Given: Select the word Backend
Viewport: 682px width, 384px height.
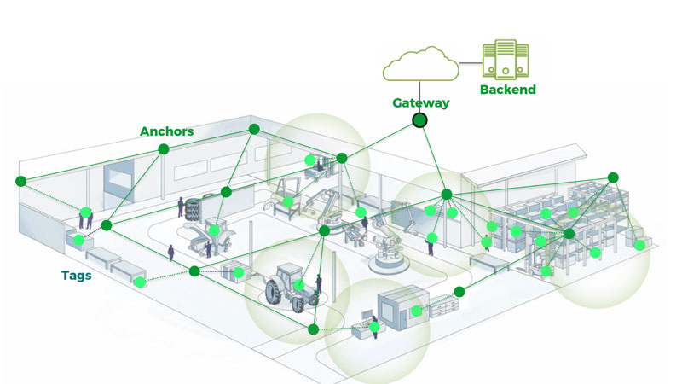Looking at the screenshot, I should click(x=507, y=90).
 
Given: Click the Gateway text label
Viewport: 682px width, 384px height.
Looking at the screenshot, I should click(x=420, y=102).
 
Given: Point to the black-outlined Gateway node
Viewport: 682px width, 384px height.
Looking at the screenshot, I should click(x=419, y=120).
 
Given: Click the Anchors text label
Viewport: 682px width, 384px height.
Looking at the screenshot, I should click(x=167, y=131).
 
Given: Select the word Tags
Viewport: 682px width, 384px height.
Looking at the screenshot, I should click(x=77, y=276).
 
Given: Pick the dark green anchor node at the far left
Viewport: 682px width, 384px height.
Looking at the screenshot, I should click(x=20, y=180).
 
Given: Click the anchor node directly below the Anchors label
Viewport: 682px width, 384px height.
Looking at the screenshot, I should click(x=163, y=149).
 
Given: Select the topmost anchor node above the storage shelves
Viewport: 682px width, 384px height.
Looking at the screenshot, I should click(x=612, y=177).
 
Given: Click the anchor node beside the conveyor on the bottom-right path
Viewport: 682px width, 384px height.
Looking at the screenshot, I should click(x=459, y=292).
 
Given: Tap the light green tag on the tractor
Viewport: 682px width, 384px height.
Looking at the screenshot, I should click(x=298, y=284).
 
